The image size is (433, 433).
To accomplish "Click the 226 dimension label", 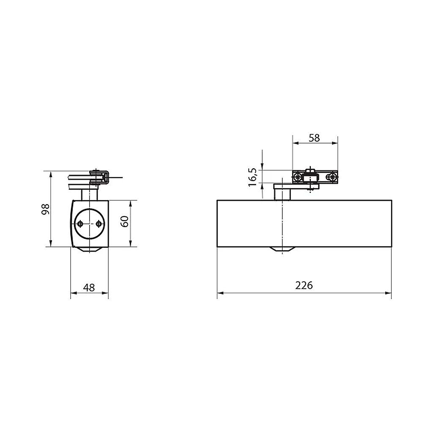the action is (x=304, y=285).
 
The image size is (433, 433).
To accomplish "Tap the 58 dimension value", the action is (x=314, y=138).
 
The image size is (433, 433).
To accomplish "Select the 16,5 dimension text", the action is (x=253, y=177).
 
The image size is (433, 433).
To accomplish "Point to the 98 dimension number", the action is (x=45, y=209).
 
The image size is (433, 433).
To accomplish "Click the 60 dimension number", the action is (x=125, y=222).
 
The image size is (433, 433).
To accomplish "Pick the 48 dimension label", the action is (x=89, y=288).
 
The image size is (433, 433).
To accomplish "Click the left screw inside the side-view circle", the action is (x=80, y=224).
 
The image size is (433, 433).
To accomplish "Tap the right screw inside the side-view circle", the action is (x=99, y=224).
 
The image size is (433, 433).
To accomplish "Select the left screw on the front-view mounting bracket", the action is (x=298, y=177).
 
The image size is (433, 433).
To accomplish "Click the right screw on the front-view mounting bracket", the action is (x=332, y=177).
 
